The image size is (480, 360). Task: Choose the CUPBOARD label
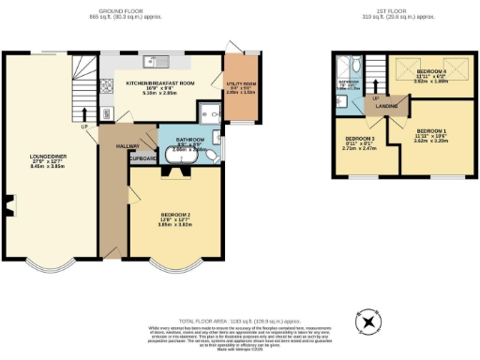142,157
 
